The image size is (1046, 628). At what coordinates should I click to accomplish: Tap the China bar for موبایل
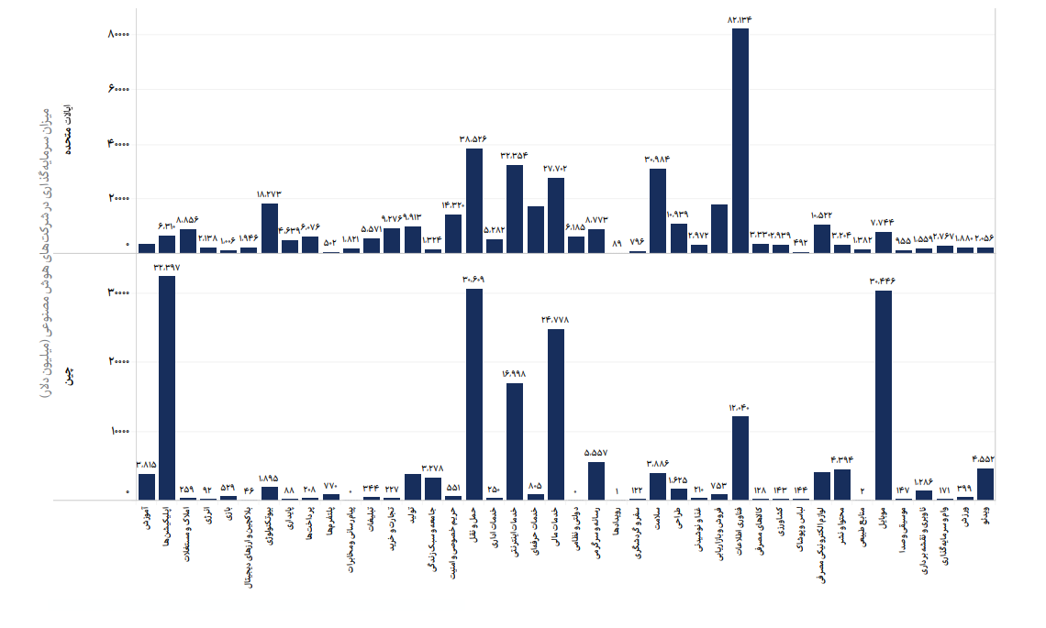(x=884, y=394)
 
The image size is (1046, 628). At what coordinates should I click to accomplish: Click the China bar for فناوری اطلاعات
(x=740, y=457)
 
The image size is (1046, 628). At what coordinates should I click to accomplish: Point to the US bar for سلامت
(x=658, y=210)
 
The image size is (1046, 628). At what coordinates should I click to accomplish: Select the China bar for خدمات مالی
(x=556, y=413)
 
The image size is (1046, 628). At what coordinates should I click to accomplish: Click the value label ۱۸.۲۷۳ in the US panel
(x=269, y=194)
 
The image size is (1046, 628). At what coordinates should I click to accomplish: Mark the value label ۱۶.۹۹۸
(x=515, y=374)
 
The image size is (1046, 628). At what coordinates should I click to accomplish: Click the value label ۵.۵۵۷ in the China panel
(x=596, y=453)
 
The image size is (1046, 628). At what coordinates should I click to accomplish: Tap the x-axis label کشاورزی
(x=781, y=522)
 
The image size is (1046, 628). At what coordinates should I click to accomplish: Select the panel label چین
(x=68, y=375)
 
